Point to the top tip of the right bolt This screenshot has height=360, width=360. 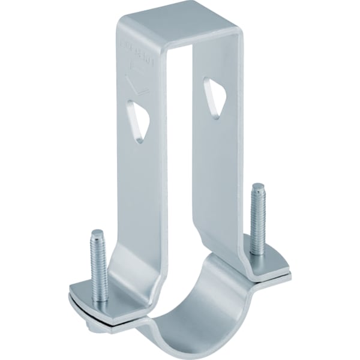click(258, 186)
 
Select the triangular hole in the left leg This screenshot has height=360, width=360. click(139, 121)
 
